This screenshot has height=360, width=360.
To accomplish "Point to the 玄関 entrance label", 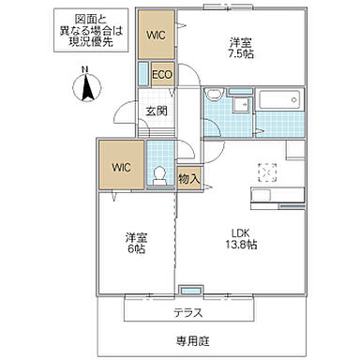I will click(156, 111).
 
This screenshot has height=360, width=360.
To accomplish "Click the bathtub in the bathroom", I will click(278, 100).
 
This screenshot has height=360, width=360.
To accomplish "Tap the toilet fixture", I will click(160, 175).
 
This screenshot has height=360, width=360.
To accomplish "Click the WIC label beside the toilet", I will click(122, 168).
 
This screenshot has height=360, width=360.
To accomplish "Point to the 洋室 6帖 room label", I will click(137, 243).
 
